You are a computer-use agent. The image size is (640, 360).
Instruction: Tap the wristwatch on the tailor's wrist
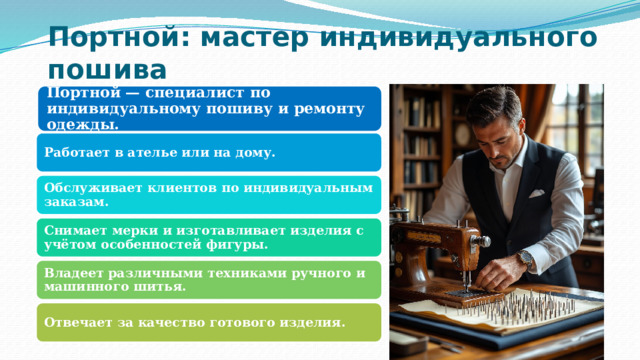click(525, 258)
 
